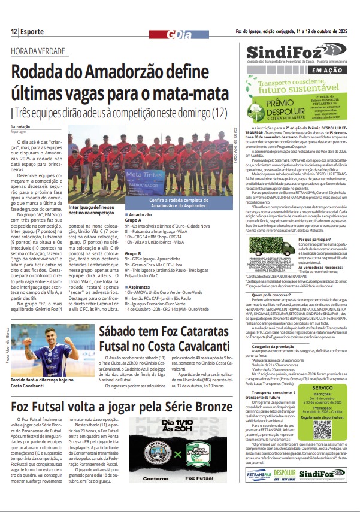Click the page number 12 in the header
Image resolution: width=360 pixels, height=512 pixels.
coord(13,31)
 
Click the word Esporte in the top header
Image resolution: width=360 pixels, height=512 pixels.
coord(32,31)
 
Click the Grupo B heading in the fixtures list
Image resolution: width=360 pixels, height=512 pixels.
coord(132,254)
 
